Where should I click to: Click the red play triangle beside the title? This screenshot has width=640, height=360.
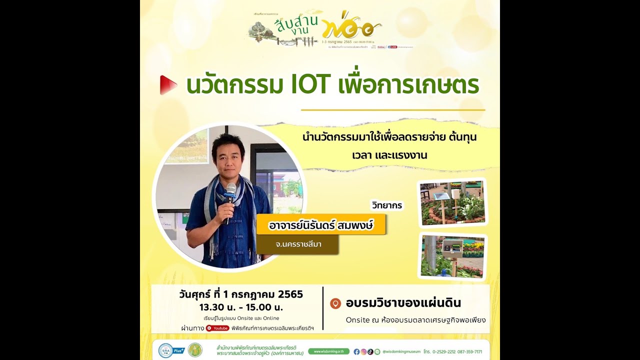168,85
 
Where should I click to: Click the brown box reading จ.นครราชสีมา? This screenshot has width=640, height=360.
297,245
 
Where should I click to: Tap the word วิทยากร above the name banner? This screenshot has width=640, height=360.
386,205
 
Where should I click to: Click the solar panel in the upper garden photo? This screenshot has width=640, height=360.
441,196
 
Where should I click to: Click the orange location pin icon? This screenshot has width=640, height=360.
336,303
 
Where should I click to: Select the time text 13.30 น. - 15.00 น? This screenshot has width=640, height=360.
241,306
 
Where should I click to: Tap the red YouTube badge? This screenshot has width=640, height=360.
217,328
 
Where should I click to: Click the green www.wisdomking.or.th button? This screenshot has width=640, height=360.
328,351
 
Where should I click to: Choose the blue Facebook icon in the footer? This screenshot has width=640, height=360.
356,351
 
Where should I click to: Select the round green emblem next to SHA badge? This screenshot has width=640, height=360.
195,350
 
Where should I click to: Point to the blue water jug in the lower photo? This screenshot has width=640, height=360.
442,273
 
